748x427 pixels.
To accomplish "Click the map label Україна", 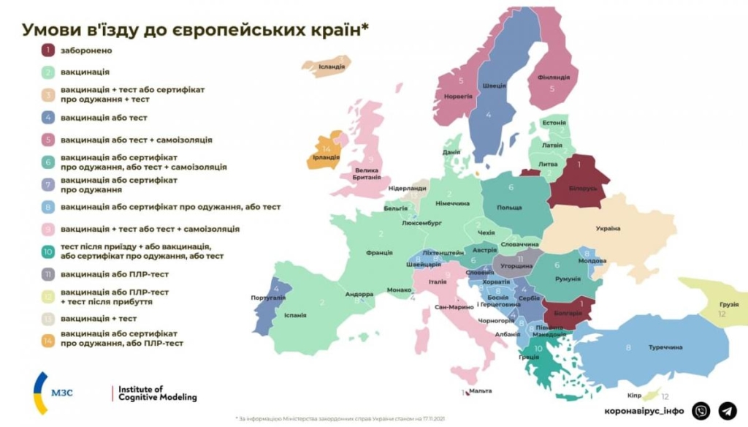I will click(x=608, y=229).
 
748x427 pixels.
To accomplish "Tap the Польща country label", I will click(x=509, y=208).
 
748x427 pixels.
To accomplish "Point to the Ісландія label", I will click(x=332, y=66).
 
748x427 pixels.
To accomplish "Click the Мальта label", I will click(x=480, y=391).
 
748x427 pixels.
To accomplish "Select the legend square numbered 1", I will click(x=47, y=50).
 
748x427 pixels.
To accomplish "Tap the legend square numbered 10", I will click(x=47, y=251).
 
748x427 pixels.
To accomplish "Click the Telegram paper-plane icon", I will click(x=728, y=411).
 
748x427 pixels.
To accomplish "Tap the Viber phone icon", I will click(x=701, y=411).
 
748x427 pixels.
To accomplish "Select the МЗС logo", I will click(x=52, y=393).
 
